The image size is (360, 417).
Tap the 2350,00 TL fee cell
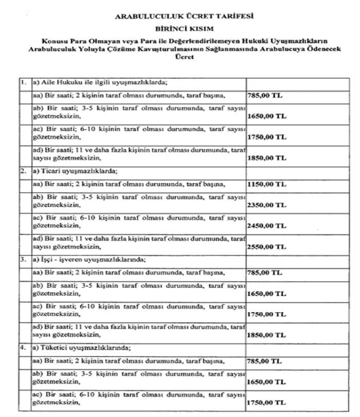pos(266,205)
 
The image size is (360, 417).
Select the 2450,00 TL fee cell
pos(266,226)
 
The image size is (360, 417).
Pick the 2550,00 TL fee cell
pos(266,246)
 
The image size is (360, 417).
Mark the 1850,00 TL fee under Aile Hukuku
pos(266,159)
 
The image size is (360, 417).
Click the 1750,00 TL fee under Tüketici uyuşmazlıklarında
pos(266,404)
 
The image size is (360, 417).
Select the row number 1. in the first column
pos(24,82)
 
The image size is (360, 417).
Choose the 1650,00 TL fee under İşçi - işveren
pos(266,294)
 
